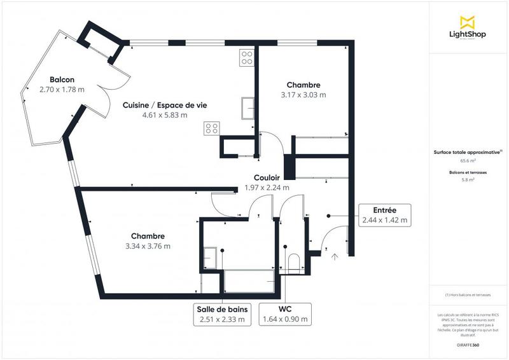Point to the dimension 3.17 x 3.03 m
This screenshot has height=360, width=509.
click(303, 95)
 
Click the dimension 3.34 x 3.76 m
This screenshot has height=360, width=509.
click(148, 246)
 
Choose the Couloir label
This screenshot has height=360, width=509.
click(267, 178)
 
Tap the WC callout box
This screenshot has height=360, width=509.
click(285, 314)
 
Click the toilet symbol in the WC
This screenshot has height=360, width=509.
click(293, 263)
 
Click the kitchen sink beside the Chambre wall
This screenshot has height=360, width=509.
click(248, 108)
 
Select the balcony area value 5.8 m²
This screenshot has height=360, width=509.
click(468, 180)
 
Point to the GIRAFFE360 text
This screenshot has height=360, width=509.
click(468, 343)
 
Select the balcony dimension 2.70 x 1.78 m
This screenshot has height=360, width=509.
click(62, 90)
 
